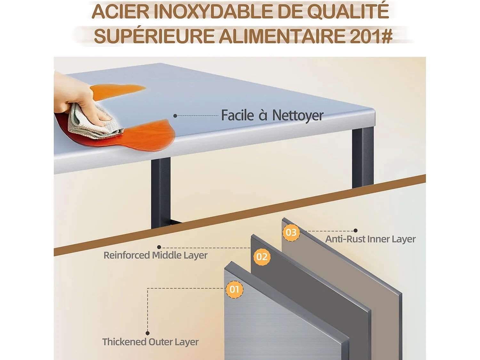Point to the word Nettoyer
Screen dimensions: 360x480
tap(298, 116)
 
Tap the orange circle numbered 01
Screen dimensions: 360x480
tap(235, 289)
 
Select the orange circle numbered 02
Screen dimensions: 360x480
tap(262, 257)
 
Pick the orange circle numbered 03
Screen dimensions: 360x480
tap(291, 232)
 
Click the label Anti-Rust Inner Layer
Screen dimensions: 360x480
tap(370, 239)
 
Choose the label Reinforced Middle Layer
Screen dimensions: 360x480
tap(156, 255)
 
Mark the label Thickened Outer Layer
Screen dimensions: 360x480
tap(150, 342)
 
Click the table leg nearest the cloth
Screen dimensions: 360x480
tap(161, 192)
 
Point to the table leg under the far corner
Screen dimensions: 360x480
tap(363, 157)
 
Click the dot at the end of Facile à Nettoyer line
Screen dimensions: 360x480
tap(175, 116)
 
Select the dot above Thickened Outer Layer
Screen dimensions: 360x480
tap(148, 333)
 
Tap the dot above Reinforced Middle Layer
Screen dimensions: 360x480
tap(159, 247)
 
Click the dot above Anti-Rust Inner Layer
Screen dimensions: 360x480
tap(356, 230)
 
